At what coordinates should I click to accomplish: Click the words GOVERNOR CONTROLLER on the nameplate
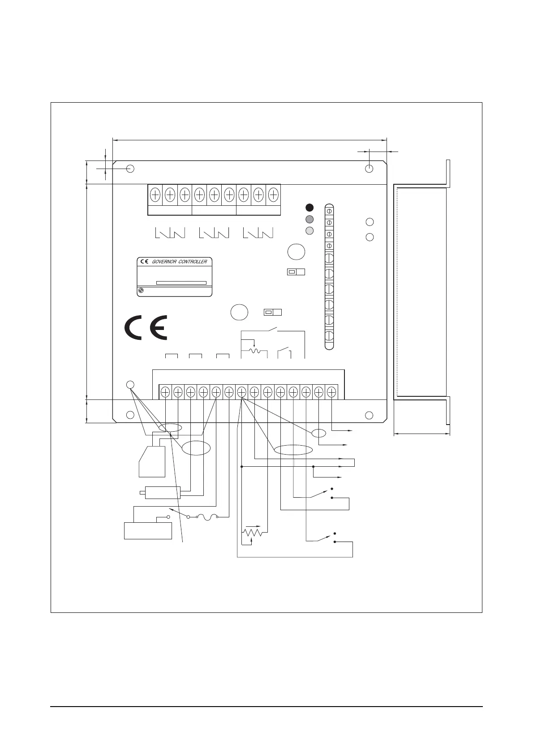click(180, 261)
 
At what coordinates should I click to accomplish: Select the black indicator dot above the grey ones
click(309, 207)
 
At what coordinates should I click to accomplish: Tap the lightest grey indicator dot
click(309, 230)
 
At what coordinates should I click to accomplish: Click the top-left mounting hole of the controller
click(130, 169)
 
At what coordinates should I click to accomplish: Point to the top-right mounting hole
click(369, 169)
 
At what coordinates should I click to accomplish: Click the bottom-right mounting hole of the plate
click(369, 415)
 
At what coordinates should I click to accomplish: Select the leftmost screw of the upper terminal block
click(155, 195)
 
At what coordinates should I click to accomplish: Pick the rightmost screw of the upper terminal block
click(273, 195)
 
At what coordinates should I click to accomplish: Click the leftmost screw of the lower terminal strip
click(165, 392)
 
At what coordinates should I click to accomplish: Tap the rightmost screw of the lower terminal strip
click(331, 392)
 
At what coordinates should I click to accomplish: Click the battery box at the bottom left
click(148, 531)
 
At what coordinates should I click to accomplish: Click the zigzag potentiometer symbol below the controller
click(253, 533)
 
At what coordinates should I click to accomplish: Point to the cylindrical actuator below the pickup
click(162, 493)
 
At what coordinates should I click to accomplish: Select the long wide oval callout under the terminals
click(293, 450)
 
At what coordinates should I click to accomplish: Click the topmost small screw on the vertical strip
click(329, 210)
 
